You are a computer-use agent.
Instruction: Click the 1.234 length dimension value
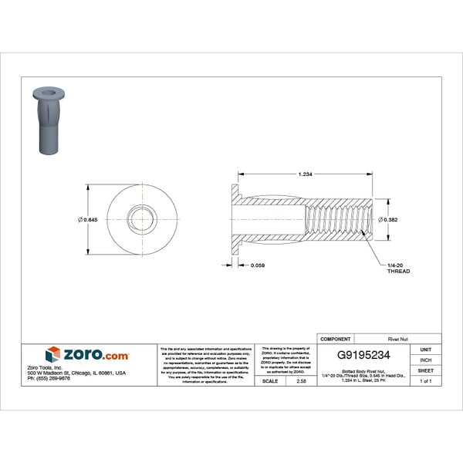(305, 174)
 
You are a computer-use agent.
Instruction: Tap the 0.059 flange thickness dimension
(259, 266)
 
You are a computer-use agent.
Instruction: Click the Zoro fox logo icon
(52, 354)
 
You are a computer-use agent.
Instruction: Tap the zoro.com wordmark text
(96, 354)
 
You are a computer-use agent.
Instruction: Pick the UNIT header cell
(425, 350)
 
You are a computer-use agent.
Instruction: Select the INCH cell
(425, 360)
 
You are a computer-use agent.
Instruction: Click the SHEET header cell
(425, 371)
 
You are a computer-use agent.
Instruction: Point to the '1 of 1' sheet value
(425, 381)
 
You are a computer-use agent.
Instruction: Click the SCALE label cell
(271, 381)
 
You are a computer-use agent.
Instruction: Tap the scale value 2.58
(301, 381)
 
